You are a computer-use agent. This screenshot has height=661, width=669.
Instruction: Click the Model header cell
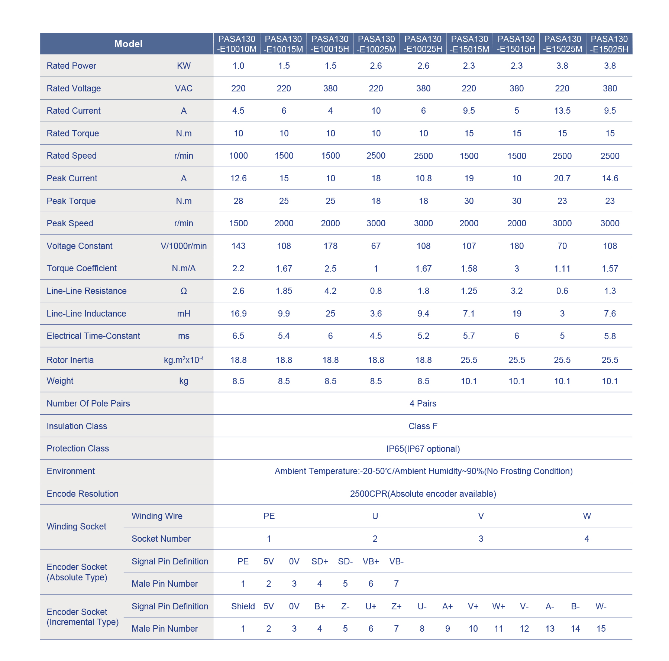[128, 44]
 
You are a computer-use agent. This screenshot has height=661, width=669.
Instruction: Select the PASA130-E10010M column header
[237, 44]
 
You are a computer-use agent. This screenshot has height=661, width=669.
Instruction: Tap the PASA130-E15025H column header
[609, 44]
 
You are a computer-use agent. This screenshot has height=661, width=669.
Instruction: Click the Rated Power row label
[71, 66]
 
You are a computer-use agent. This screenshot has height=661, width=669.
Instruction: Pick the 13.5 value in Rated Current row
[562, 111]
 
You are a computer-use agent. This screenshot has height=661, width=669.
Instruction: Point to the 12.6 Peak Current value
[238, 178]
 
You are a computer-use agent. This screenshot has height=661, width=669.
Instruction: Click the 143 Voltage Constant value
[238, 246]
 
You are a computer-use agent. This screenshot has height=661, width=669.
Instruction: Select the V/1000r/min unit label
[184, 246]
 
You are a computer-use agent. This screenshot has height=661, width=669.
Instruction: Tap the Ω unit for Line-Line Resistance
[184, 291]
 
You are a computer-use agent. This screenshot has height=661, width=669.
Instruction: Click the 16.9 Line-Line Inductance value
[238, 314]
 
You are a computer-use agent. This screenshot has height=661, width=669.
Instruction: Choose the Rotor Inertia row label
[70, 360]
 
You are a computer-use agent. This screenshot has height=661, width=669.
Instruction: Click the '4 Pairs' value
[423, 404]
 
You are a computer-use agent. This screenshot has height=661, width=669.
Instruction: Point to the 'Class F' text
[423, 426]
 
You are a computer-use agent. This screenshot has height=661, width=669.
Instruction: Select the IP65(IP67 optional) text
[423, 449]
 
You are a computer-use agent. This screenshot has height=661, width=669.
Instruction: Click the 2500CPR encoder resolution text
[423, 494]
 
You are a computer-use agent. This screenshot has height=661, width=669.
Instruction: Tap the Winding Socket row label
[77, 526]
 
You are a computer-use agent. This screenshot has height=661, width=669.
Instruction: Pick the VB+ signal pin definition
[371, 561]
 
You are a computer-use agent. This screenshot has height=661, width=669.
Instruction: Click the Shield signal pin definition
[243, 606]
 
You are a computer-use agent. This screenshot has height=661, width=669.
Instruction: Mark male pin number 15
[601, 629]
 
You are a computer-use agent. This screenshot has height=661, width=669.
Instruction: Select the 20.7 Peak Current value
[562, 178]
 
